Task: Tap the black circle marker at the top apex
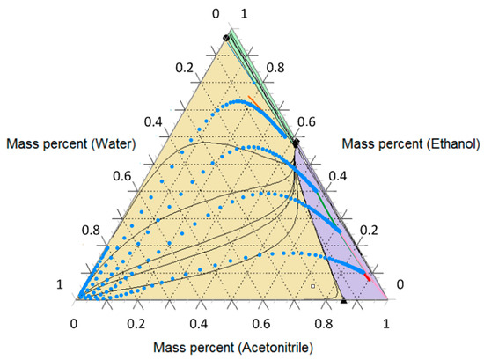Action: pyautogui.click(x=226, y=37)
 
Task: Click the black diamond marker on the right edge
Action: pyautogui.click(x=296, y=141)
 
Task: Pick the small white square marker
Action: pyautogui.click(x=312, y=286)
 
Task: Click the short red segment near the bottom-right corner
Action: pyautogui.click(x=367, y=277)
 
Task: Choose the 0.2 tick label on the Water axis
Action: pyautogui.click(x=182, y=67)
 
